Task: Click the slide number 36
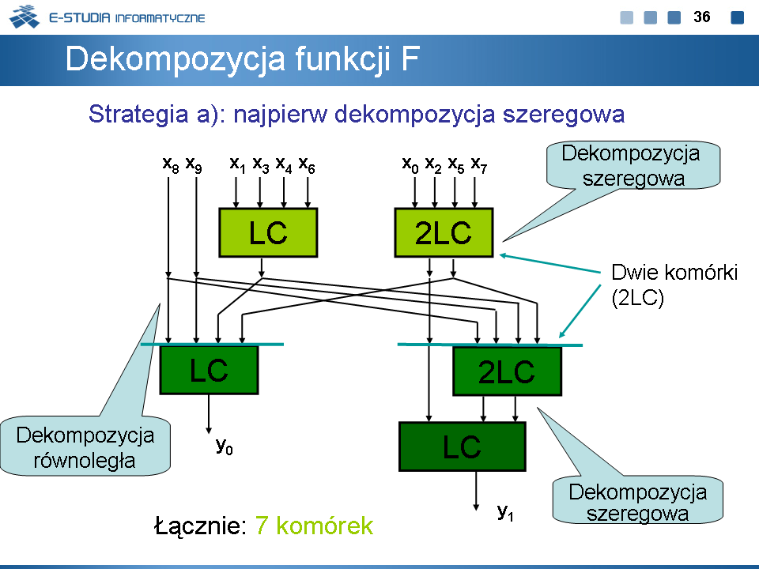(702, 17)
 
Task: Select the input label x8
(170, 164)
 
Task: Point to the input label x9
(194, 164)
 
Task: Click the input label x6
(308, 164)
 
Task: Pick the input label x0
(410, 164)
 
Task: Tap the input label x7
(479, 164)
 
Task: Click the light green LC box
(268, 232)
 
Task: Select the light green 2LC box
(444, 232)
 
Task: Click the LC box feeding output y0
(209, 370)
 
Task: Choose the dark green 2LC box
(507, 371)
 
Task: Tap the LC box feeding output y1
(462, 447)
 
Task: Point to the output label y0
(225, 447)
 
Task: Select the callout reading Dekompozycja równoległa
(85, 447)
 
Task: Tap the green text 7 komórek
(314, 526)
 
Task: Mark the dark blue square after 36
(738, 17)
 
